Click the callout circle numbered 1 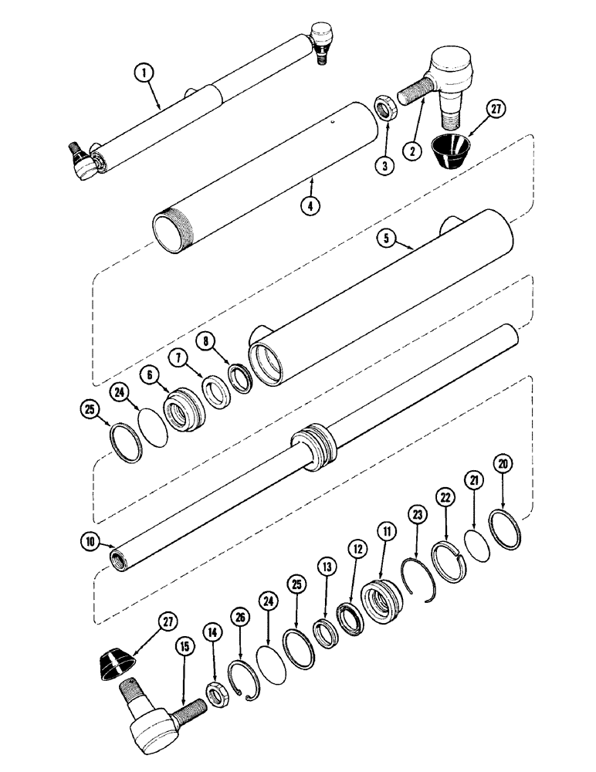pyautogui.click(x=144, y=74)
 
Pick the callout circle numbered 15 pyautogui.click(x=183, y=663)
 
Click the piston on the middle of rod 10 pyautogui.click(x=315, y=450)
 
